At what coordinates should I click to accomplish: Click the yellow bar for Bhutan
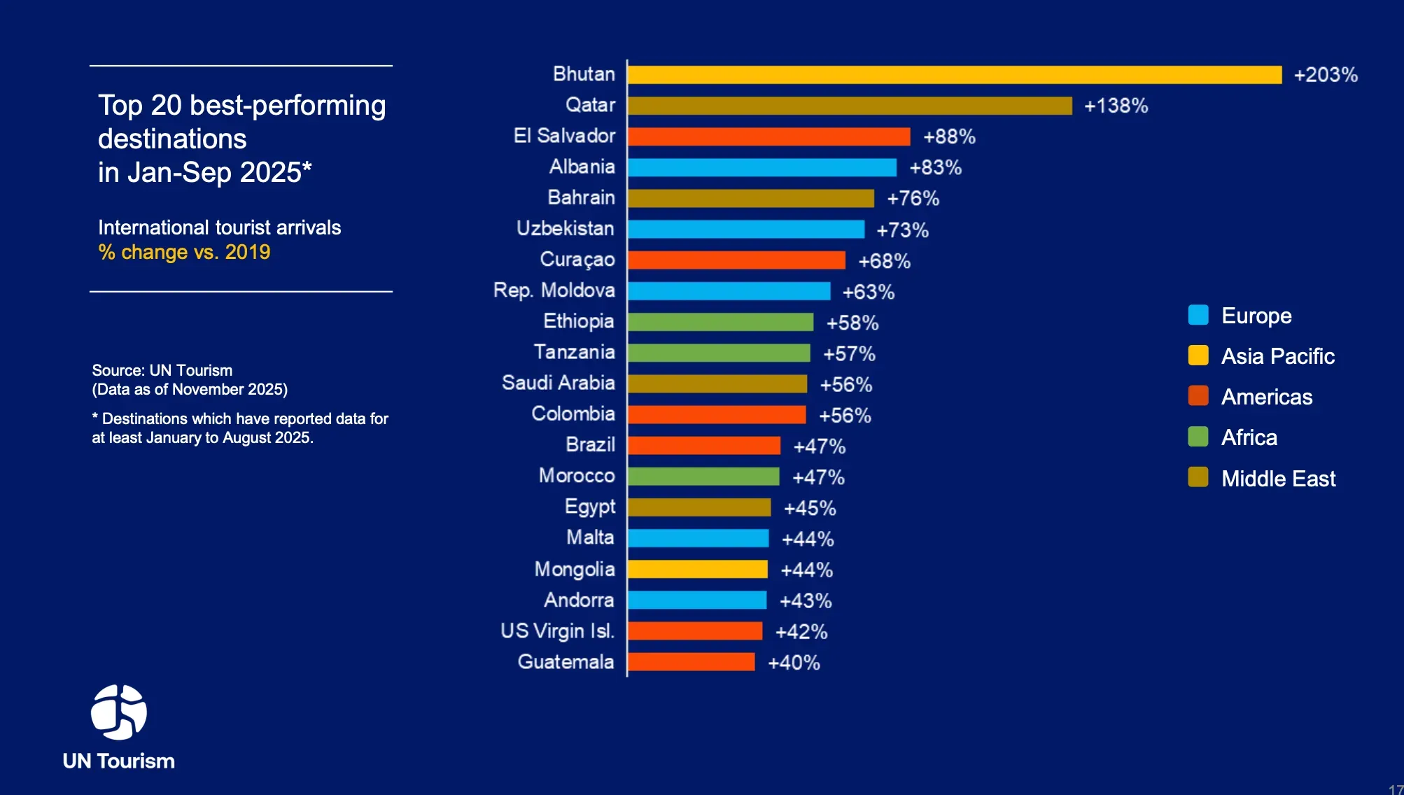pyautogui.click(x=954, y=75)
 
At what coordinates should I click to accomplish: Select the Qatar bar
pyautogui.click(x=849, y=106)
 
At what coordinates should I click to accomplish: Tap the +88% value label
pyautogui.click(x=949, y=136)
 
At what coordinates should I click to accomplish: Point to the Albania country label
pyautogui.click(x=582, y=167)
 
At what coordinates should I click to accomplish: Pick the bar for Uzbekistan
pyautogui.click(x=745, y=230)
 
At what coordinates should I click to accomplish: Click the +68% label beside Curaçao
pyautogui.click(x=884, y=261)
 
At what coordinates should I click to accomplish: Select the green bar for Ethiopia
pyautogui.click(x=720, y=322)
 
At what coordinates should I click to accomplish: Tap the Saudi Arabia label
pyautogui.click(x=558, y=383)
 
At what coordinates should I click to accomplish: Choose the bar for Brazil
pyautogui.click(x=703, y=446)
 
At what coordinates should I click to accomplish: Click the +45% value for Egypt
pyautogui.click(x=810, y=508)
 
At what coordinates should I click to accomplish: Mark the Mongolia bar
pyautogui.click(x=697, y=570)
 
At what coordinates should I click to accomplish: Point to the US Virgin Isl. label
pyautogui.click(x=557, y=631)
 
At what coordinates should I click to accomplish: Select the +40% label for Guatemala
pyautogui.click(x=794, y=663)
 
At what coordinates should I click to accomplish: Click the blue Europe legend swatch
pyautogui.click(x=1198, y=315)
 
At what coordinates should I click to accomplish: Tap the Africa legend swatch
pyautogui.click(x=1198, y=437)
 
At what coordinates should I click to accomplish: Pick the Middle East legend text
pyautogui.click(x=1278, y=479)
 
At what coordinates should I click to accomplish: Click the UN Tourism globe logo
pyautogui.click(x=119, y=712)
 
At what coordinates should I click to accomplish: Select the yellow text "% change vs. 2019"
pyautogui.click(x=184, y=252)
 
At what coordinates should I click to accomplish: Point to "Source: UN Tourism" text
pyautogui.click(x=162, y=370)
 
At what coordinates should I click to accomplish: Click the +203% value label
pyautogui.click(x=1325, y=75)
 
